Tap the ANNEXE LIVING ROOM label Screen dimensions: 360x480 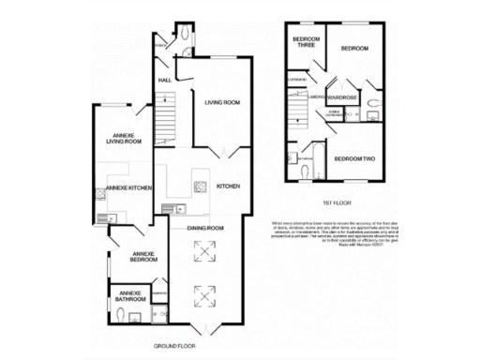click(122, 138)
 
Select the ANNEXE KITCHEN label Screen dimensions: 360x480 click(129, 188)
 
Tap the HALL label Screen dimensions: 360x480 click(164, 81)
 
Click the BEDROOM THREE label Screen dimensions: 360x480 click(307, 41)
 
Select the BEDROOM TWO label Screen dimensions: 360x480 click(353, 159)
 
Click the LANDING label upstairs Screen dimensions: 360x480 click(316, 97)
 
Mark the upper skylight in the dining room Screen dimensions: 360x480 click(203, 250)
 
